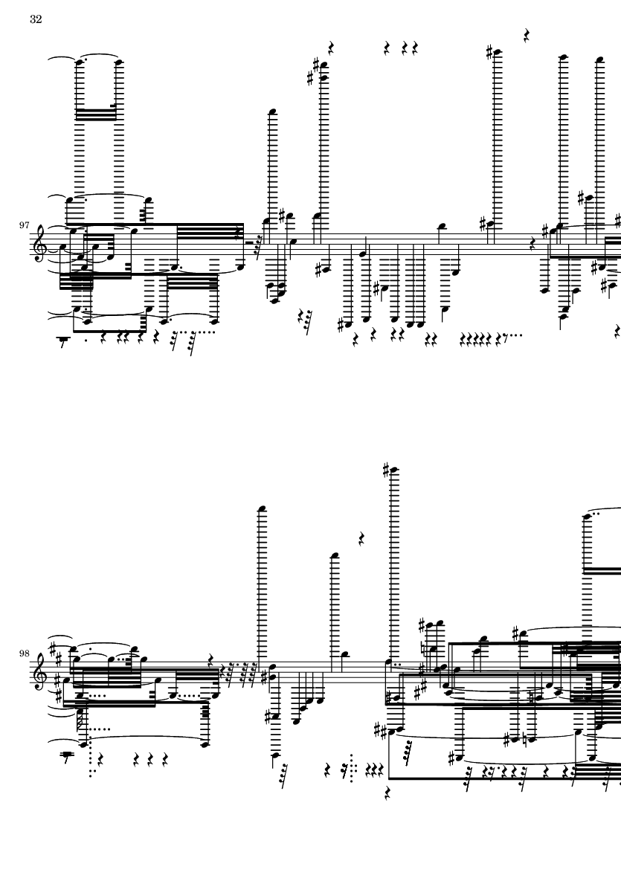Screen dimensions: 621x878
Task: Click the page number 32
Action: [36, 19]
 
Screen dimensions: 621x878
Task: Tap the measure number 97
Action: [24, 225]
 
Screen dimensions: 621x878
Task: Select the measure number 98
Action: [24, 653]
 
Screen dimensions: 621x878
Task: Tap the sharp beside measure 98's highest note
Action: [387, 470]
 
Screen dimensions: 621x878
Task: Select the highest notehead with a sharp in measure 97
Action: [497, 53]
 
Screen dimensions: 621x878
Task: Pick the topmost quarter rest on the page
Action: [527, 36]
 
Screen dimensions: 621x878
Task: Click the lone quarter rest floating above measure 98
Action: [361, 539]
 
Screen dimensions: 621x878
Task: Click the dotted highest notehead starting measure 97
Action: [80, 62]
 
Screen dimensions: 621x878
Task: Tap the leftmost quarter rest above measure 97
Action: [331, 48]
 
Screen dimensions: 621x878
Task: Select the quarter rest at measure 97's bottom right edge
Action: [617, 331]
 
